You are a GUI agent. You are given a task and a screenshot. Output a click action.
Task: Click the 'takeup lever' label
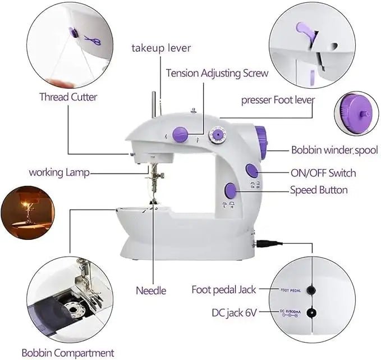coord(161,48)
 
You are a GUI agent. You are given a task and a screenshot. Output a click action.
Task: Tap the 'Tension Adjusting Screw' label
coord(217,73)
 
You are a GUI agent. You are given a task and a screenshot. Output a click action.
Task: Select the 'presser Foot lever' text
coord(278,100)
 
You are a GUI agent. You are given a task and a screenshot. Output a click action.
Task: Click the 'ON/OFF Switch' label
coord(323,173)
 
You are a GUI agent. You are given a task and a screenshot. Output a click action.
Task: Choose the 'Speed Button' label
coord(318,190)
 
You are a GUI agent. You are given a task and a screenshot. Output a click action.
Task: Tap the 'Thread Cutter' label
coord(68,97)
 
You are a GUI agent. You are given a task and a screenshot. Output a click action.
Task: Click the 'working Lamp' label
coord(59,172)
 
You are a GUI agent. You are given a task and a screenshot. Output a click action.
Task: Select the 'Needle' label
coord(151,290)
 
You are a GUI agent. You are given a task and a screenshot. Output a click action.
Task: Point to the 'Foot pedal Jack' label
coord(224,290)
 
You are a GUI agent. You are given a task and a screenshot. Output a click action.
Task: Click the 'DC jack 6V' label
coord(233,312)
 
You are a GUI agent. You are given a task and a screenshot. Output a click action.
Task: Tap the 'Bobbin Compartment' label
coord(68,353)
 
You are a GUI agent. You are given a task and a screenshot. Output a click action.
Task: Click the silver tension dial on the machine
coord(215,135)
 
